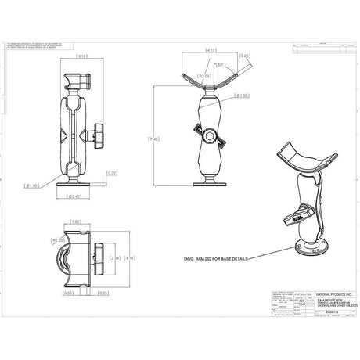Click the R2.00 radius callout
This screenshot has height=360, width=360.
click(x=206, y=76)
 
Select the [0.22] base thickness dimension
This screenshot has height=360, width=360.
click(x=113, y=173)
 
